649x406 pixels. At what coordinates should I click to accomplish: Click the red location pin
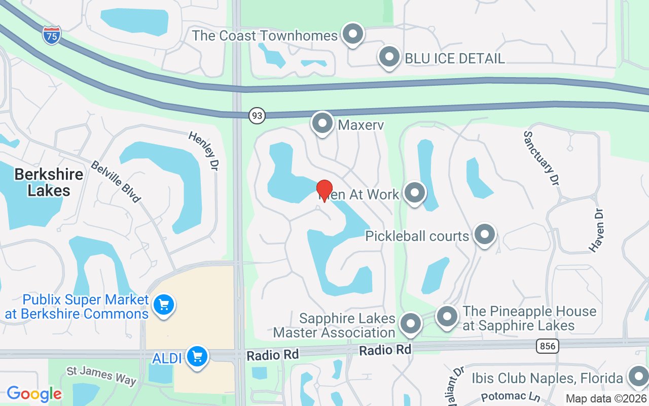(324, 191)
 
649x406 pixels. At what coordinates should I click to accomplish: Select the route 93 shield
(257, 116)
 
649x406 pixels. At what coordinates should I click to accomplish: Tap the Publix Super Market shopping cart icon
(164, 305)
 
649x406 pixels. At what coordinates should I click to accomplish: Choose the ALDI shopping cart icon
(197, 357)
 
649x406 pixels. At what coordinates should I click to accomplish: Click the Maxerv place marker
(322, 123)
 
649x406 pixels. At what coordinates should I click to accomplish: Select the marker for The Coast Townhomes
(353, 34)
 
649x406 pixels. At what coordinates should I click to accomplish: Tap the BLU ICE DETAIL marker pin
(389, 57)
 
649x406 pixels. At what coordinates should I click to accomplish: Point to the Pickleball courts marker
(485, 234)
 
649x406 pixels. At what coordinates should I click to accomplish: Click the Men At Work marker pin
(415, 193)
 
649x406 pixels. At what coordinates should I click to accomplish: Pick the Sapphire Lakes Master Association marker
(410, 323)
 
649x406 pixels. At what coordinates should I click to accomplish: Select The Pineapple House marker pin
(447, 316)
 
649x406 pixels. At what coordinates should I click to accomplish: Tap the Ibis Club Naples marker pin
(637, 377)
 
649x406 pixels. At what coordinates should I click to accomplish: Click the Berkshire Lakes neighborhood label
(49, 182)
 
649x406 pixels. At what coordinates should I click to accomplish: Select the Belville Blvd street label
(116, 181)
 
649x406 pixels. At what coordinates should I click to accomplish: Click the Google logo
(34, 393)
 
